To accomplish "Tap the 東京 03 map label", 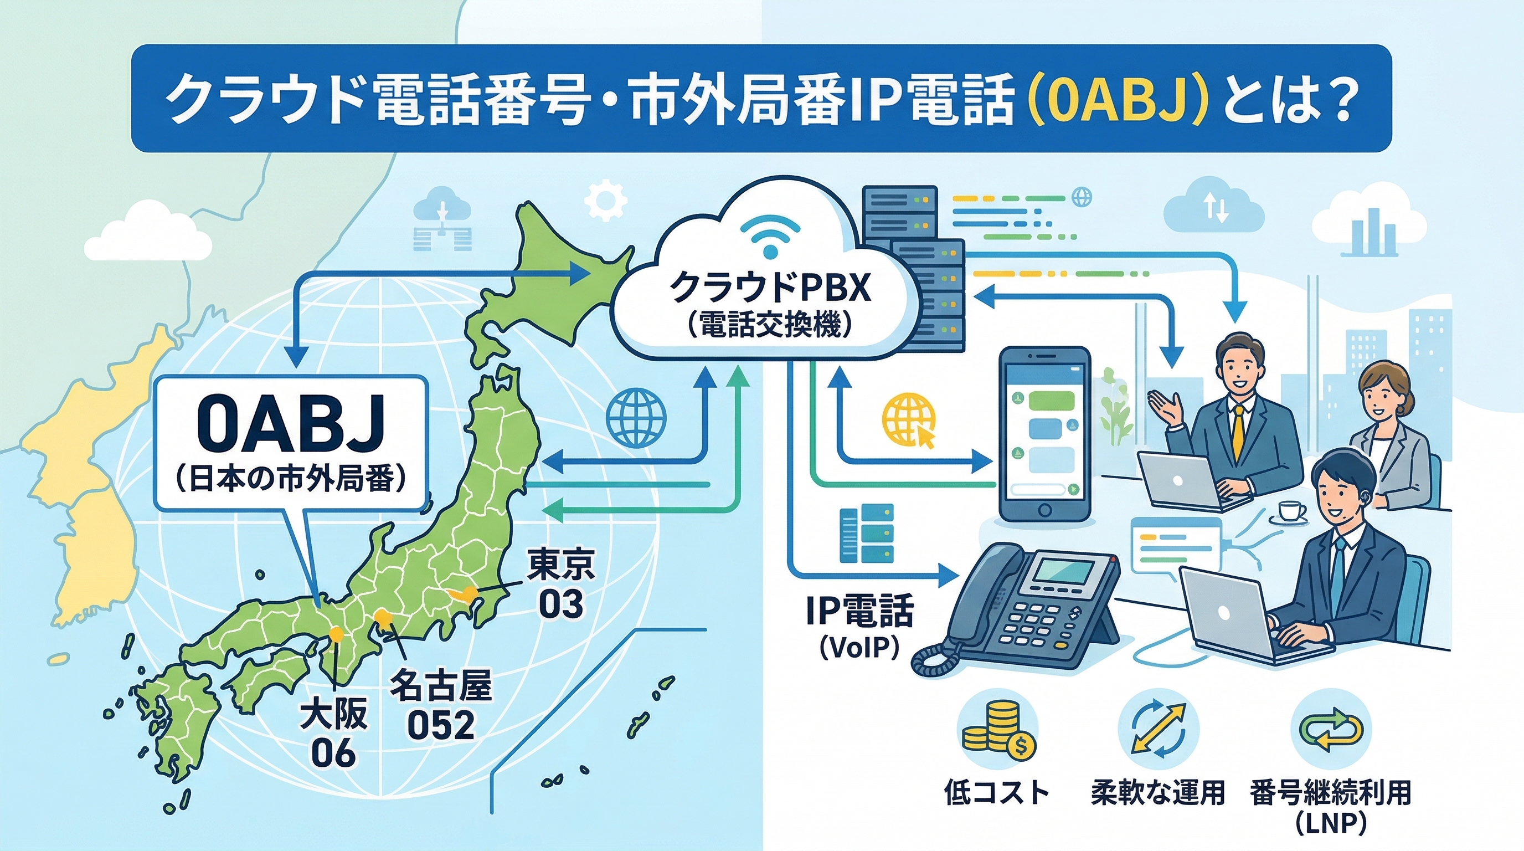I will coord(561,583).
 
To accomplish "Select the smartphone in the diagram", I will coord(1044,434).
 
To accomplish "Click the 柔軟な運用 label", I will coord(1157,792).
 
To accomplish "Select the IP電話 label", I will coord(859,611).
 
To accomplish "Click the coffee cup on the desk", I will coord(1289,511).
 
